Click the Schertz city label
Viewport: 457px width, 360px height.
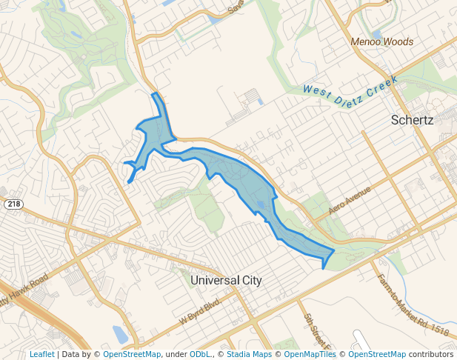[x=412, y=119]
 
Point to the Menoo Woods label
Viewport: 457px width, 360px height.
[x=382, y=42]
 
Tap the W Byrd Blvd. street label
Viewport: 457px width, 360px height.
[x=200, y=311]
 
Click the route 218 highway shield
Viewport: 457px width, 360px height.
[x=13, y=204]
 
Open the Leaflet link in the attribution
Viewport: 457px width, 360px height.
[x=41, y=354]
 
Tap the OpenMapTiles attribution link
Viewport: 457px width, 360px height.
[x=310, y=354]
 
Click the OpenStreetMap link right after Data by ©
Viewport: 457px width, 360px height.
[x=132, y=354]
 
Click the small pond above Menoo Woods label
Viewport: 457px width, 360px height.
[x=378, y=34]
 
